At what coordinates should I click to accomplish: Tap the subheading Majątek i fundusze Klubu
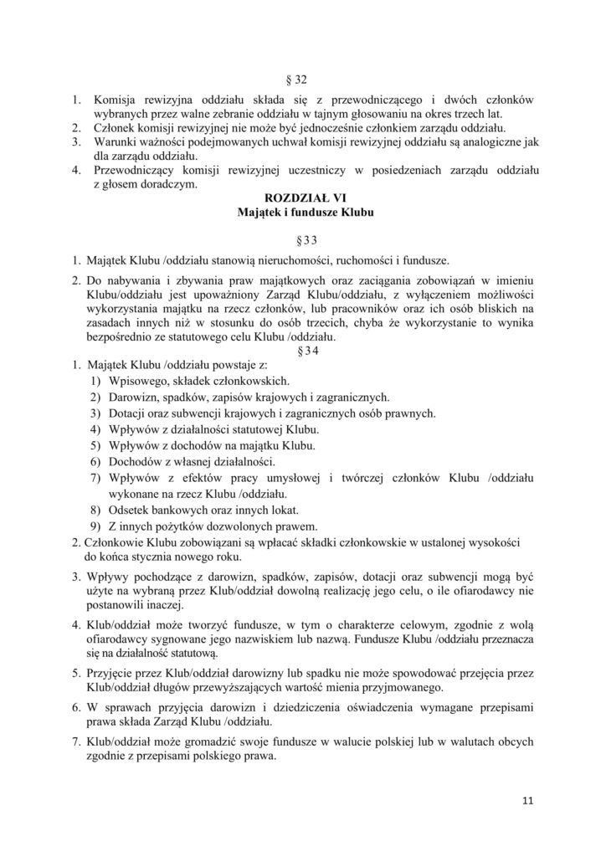pos(302,213)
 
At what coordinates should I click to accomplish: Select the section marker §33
pos(303,240)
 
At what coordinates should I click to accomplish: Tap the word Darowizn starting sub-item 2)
pos(133,398)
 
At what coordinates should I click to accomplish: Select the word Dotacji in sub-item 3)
pos(128,414)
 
